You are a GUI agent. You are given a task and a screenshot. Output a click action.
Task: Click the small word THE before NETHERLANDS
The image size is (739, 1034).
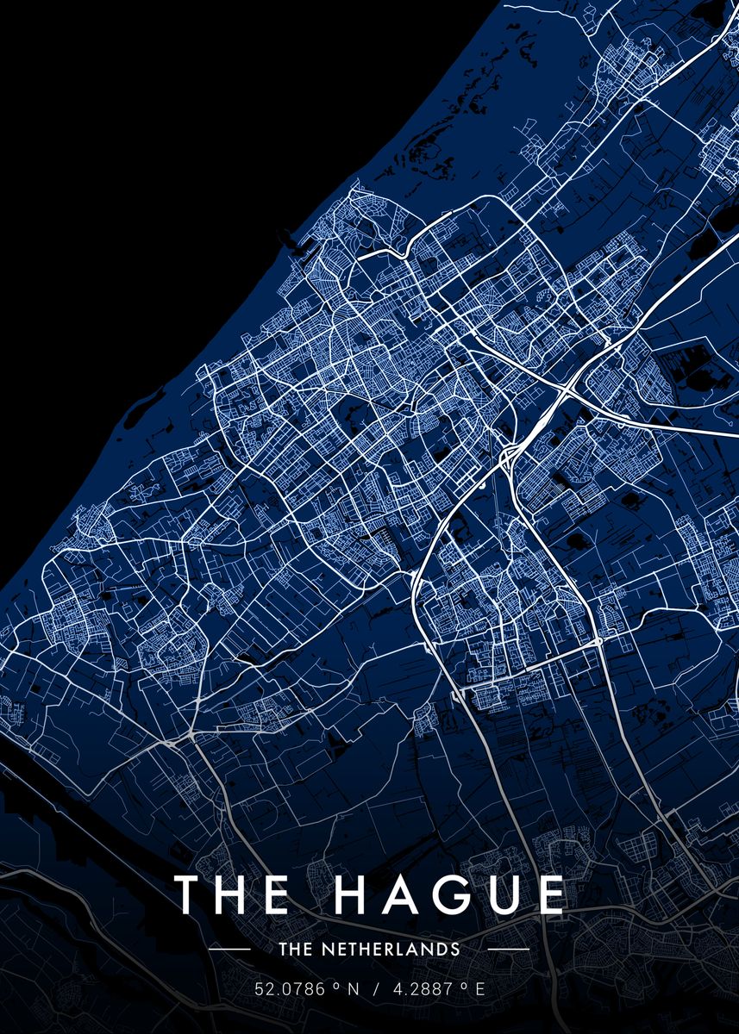click(x=293, y=950)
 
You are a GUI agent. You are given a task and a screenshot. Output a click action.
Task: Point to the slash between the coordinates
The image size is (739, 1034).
click(x=374, y=990)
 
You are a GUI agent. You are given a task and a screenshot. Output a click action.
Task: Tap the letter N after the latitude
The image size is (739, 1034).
click(x=352, y=990)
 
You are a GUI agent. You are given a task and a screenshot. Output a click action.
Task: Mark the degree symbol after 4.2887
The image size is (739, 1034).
click(x=464, y=987)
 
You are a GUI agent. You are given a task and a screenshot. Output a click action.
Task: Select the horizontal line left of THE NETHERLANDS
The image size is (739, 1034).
click(x=229, y=950)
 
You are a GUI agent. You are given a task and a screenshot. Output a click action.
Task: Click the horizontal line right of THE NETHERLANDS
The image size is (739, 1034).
click(x=510, y=950)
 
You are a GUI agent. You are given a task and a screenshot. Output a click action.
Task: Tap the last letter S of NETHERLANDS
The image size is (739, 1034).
click(x=455, y=950)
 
